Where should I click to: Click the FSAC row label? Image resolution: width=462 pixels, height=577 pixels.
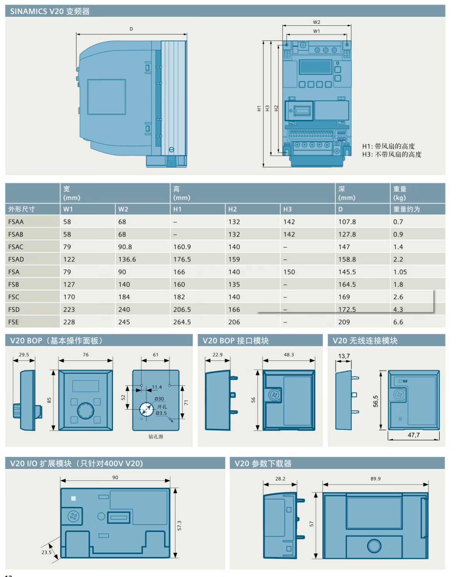pyautogui.click(x=16, y=247)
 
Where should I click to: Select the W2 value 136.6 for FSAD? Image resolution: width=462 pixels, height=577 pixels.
pyautogui.click(x=127, y=260)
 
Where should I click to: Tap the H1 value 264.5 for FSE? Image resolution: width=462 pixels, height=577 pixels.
pyautogui.click(x=182, y=322)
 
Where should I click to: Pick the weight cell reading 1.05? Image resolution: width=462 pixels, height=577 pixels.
pyautogui.click(x=400, y=272)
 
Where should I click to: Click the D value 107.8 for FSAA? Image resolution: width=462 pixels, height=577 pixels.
pyautogui.click(x=347, y=222)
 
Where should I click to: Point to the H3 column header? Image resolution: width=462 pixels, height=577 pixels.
pyautogui.click(x=287, y=209)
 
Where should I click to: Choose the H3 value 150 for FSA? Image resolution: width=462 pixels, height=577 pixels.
pyautogui.click(x=289, y=272)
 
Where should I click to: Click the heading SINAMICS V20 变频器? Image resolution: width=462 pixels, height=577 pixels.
pyautogui.click(x=50, y=12)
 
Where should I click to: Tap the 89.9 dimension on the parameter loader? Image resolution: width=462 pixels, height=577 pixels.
pyautogui.click(x=376, y=479)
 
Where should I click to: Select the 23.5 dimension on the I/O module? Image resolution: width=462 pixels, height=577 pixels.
pyautogui.click(x=46, y=552)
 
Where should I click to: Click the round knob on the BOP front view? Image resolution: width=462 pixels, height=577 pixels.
pyautogui.click(x=85, y=410)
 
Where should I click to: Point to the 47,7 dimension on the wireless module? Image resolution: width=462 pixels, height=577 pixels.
pyautogui.click(x=414, y=435)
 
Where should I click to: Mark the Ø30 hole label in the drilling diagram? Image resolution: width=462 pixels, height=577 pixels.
pyautogui.click(x=159, y=399)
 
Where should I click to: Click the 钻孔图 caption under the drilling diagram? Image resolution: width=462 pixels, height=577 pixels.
pyautogui.click(x=156, y=437)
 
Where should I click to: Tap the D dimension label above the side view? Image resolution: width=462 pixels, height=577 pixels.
pyautogui.click(x=131, y=29)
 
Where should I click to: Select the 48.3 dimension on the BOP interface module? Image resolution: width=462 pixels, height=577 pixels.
pyautogui.click(x=289, y=355)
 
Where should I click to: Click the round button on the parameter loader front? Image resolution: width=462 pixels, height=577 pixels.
pyautogui.click(x=374, y=545)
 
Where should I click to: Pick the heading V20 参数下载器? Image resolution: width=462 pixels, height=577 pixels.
pyautogui.click(x=263, y=464)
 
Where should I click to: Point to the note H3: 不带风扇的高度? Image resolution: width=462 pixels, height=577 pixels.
pyautogui.click(x=391, y=155)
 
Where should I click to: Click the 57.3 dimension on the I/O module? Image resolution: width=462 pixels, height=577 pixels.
pyautogui.click(x=179, y=525)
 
